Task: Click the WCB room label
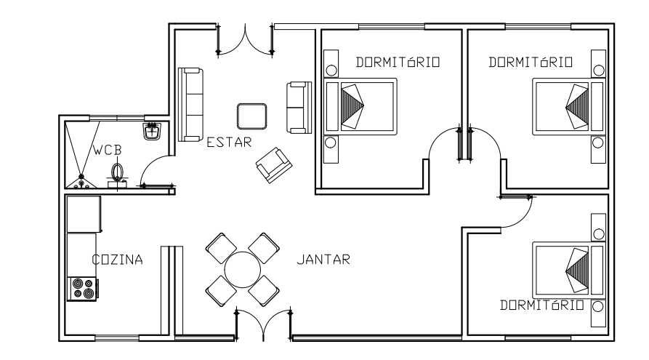pos(107,151)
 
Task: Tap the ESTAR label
pos(229,143)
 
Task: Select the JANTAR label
pos(323,259)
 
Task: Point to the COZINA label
pos(117,260)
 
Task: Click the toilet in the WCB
pos(118,173)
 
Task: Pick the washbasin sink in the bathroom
pos(152,132)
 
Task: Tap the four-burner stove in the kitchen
pos(82,289)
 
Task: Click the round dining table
pos(242,270)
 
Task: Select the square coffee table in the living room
pos(251,116)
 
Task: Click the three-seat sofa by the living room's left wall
pos(190,104)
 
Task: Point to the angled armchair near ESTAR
pos(274,164)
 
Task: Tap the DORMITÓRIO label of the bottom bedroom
pos(541,305)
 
